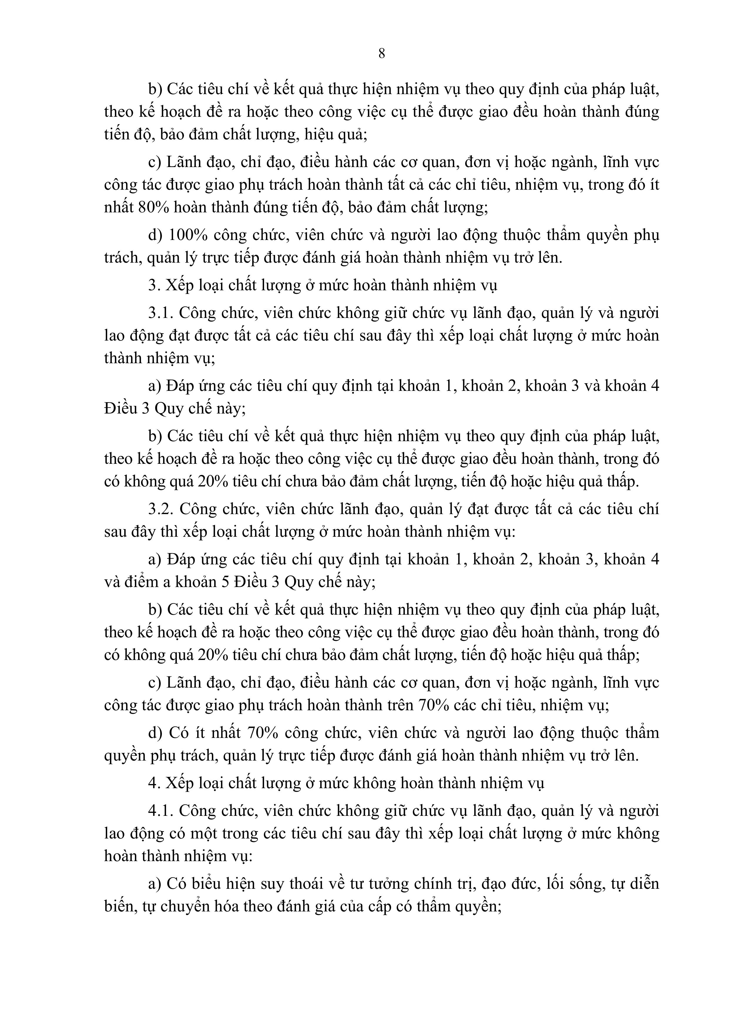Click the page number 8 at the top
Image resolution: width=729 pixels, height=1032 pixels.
point(381,54)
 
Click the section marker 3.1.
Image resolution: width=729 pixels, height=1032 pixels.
point(161,313)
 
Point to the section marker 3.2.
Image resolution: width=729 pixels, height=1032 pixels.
point(161,509)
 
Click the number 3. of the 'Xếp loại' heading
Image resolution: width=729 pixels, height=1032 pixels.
point(154,286)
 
